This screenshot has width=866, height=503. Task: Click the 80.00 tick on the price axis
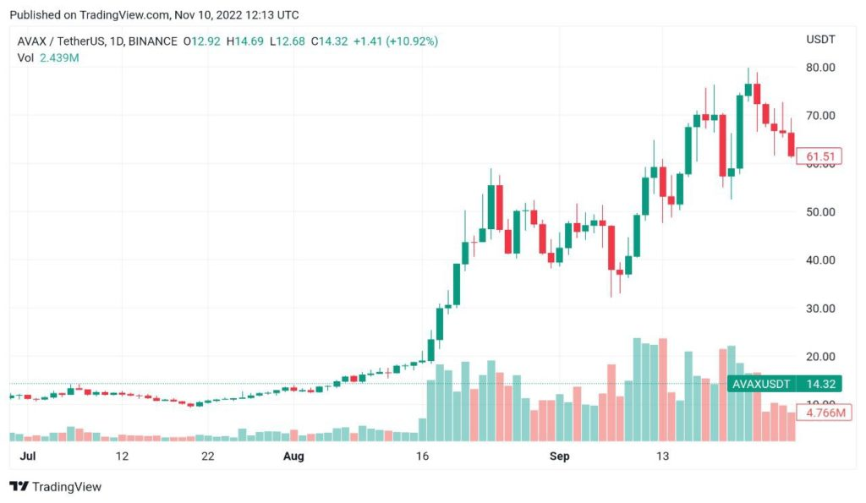(x=820, y=68)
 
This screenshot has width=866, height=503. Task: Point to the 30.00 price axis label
(x=820, y=308)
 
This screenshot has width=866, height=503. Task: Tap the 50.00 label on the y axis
(x=820, y=211)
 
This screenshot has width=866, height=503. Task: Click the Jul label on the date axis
(x=27, y=457)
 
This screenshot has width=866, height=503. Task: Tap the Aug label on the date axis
(x=293, y=457)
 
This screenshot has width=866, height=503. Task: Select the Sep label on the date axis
(x=560, y=457)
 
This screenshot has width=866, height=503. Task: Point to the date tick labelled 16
(x=423, y=457)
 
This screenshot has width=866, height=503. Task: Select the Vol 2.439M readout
(x=48, y=57)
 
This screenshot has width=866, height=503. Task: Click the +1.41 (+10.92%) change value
(x=395, y=41)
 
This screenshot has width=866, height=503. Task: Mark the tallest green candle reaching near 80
(x=748, y=90)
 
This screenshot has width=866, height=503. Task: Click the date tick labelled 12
(x=122, y=457)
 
